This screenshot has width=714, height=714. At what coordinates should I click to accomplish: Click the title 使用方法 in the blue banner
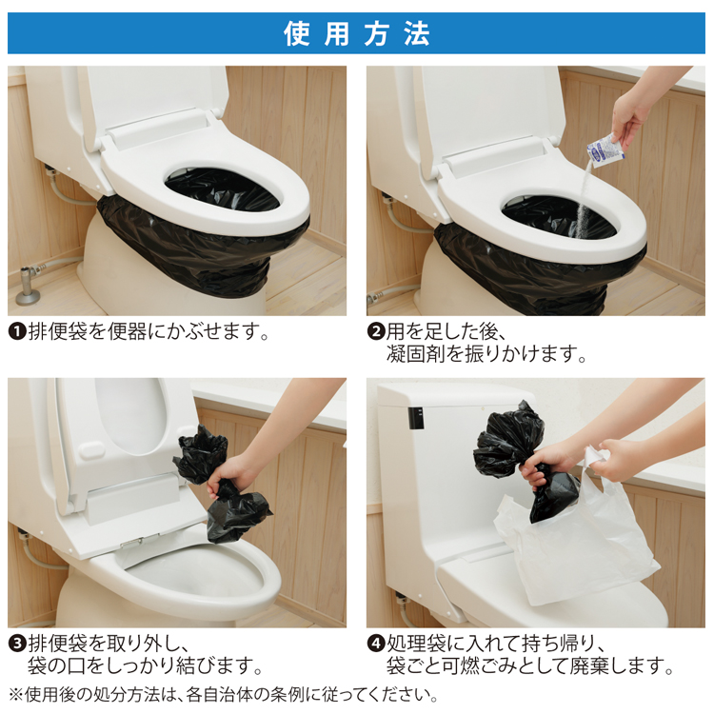click(x=357, y=33)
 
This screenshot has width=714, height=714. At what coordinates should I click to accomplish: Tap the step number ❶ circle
click(x=17, y=331)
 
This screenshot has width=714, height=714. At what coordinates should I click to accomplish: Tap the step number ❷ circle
click(x=376, y=331)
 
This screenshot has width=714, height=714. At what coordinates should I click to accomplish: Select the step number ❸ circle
click(x=17, y=644)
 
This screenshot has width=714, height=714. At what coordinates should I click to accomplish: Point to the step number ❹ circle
click(x=376, y=644)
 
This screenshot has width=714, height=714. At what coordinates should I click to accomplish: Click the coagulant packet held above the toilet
click(x=605, y=150)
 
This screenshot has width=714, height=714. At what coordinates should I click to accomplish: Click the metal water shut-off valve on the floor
click(x=29, y=286)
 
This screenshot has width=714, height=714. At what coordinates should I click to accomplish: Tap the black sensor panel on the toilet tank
click(x=416, y=418)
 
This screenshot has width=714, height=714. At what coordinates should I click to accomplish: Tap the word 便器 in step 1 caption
click(x=127, y=331)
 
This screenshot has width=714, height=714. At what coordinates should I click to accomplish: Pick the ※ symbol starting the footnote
click(x=16, y=695)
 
